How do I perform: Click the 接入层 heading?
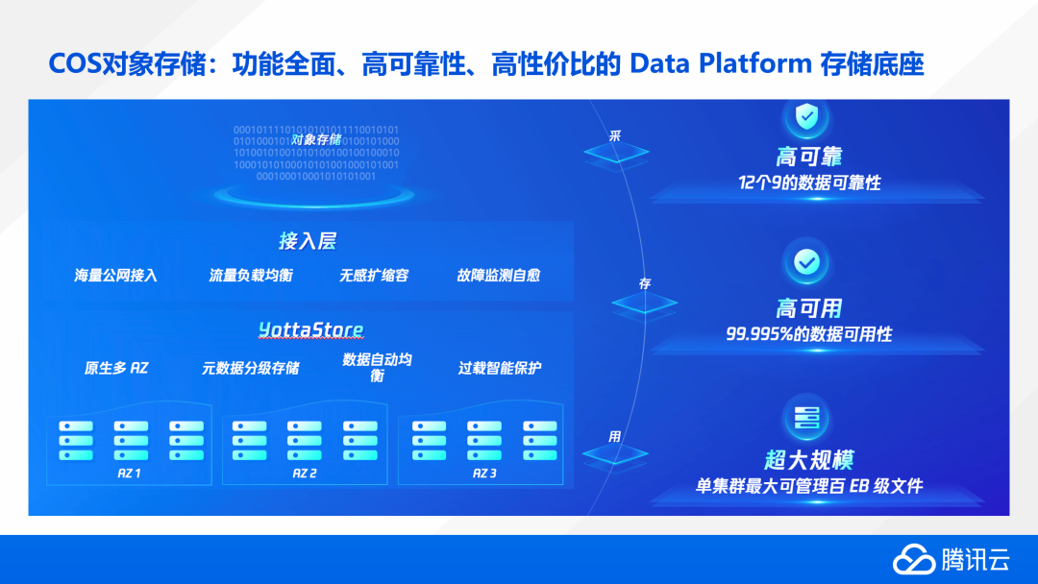[308, 241]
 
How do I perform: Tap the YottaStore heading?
[310, 330]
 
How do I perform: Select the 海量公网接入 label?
[115, 276]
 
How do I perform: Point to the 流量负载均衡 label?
[251, 276]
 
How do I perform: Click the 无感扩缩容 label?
[374, 276]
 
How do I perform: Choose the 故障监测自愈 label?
[498, 276]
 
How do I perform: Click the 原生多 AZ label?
[116, 368]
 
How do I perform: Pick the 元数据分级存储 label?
[250, 368]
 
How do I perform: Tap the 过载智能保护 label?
[500, 368]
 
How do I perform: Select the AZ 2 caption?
[305, 474]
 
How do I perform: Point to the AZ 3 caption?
[484, 474]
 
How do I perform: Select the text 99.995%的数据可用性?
[808, 334]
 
